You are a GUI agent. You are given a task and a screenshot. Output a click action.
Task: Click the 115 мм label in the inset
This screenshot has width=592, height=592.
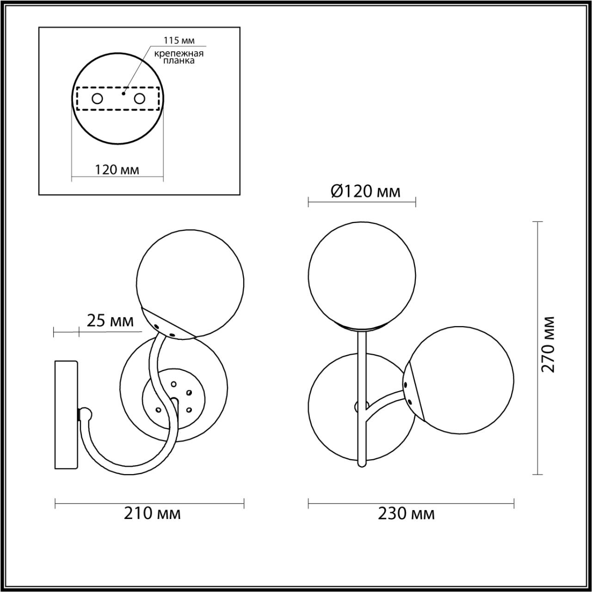pyautogui.click(x=179, y=40)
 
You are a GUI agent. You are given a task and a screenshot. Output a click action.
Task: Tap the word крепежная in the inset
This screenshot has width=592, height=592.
pyautogui.click(x=179, y=54)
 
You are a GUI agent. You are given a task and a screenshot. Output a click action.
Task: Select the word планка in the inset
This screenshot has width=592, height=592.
pyautogui.click(x=179, y=61)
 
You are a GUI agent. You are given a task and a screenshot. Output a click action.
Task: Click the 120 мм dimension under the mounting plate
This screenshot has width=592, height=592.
pyautogui.click(x=117, y=170)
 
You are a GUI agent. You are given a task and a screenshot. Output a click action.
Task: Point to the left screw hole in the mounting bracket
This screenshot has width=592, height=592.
pyautogui.click(x=98, y=99)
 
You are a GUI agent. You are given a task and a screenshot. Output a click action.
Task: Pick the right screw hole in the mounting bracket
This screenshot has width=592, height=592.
pyautogui.click(x=140, y=99)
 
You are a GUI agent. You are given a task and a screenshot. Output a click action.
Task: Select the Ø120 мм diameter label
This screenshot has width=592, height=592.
pyautogui.click(x=365, y=191)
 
